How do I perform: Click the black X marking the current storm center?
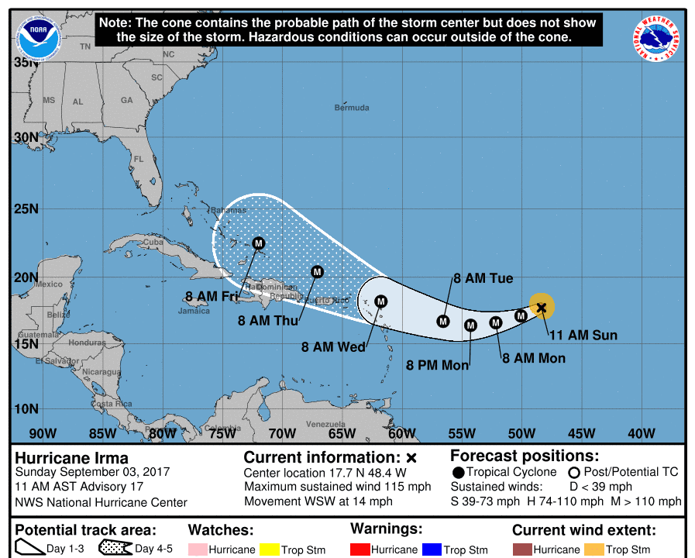coord(542,308)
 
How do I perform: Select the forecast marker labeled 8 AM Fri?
coord(259,243)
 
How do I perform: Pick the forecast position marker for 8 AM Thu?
coord(317,271)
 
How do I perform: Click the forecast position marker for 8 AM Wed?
coord(380,301)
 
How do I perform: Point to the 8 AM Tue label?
coord(483,279)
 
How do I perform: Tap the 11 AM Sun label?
coord(583,336)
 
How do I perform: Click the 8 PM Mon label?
coord(438,365)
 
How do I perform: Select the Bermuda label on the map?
coord(352,108)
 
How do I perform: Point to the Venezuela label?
coord(325,424)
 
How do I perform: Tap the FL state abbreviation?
coord(139,159)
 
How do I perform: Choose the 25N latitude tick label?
coord(25,208)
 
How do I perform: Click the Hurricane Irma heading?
coord(72,457)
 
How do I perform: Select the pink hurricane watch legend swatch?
coord(197,549)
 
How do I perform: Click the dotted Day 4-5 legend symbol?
coord(115,549)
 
